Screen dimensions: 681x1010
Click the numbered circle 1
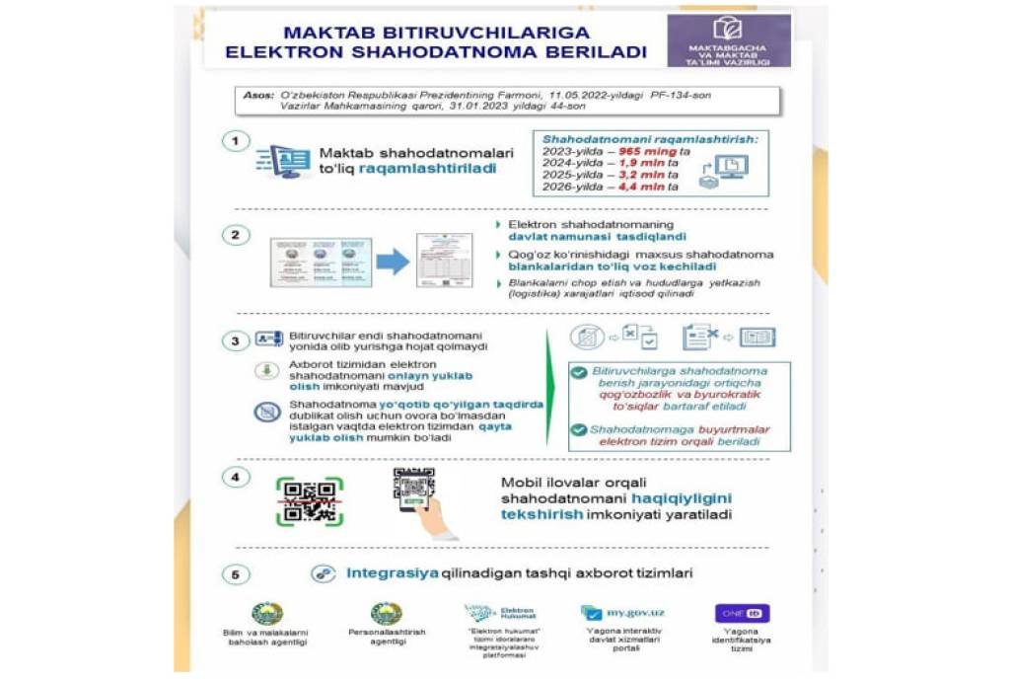[x=235, y=142]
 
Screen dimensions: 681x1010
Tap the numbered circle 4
[x=235, y=479]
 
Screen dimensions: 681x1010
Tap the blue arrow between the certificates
[x=393, y=261]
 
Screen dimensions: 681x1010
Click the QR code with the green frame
[x=309, y=500]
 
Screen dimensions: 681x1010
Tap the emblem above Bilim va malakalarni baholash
[x=267, y=613]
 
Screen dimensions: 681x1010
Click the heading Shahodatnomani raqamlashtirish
[x=648, y=139]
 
